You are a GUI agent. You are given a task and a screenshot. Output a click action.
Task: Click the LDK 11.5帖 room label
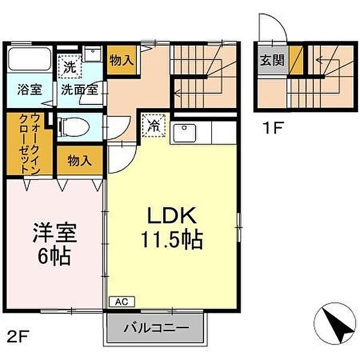[x=171, y=228]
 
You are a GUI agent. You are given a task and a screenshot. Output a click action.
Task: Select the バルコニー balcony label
[x=157, y=329]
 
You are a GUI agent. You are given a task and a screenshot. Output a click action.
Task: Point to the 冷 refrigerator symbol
[x=154, y=127]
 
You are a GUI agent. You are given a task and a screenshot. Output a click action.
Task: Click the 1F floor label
[x=272, y=128]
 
